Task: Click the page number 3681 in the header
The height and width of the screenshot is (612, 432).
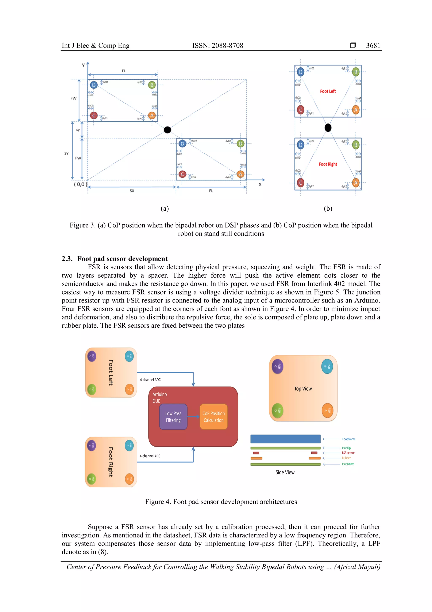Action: click(x=373, y=46)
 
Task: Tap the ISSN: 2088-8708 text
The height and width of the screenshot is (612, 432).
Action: click(x=217, y=46)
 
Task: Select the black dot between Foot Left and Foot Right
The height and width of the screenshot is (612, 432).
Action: click(x=328, y=128)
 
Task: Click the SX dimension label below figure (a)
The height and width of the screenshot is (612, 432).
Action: click(x=132, y=191)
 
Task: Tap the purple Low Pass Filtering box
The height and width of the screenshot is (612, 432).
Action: click(x=173, y=417)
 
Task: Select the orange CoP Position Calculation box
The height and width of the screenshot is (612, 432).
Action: click(x=213, y=417)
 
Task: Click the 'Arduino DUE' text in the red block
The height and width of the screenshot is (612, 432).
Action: click(x=160, y=397)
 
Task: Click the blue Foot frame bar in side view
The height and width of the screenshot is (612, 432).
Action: click(x=285, y=439)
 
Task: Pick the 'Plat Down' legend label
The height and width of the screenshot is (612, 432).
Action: click(x=348, y=464)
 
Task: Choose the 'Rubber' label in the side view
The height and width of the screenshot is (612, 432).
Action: click(x=346, y=458)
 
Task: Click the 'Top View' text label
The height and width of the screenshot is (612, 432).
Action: click(x=303, y=389)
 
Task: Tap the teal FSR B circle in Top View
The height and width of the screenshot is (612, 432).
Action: click(x=327, y=367)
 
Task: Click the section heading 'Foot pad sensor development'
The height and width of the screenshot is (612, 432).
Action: click(x=122, y=259)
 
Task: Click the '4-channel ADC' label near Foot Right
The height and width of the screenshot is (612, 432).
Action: click(x=150, y=456)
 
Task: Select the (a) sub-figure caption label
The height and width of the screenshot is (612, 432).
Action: click(x=165, y=209)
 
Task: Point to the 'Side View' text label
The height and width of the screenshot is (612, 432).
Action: click(x=285, y=472)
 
